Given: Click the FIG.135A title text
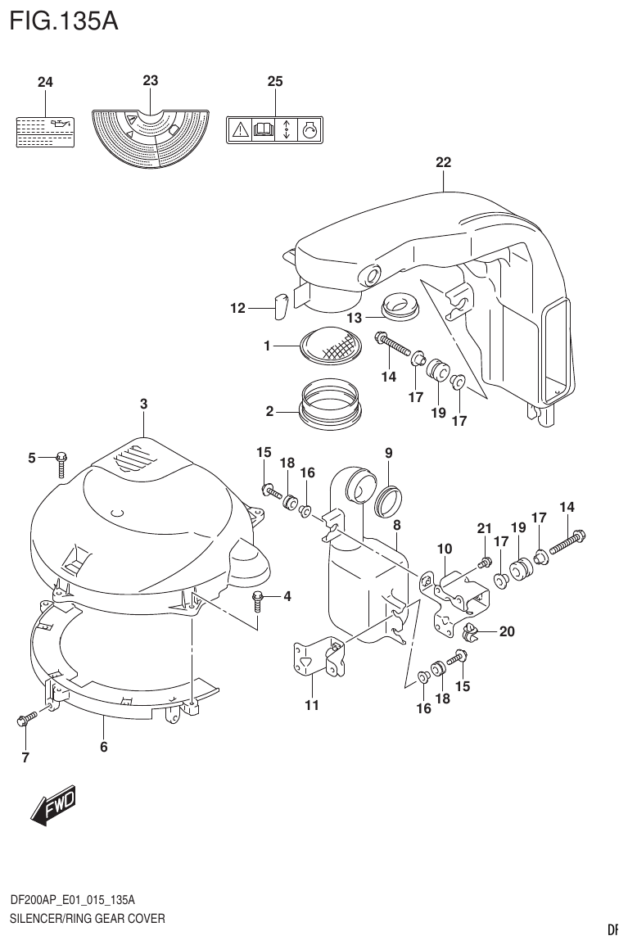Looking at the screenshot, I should click(x=64, y=19).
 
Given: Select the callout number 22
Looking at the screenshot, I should click(x=443, y=162).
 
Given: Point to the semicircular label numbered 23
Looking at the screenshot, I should click(x=150, y=136).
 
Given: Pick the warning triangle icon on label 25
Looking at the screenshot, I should click(x=240, y=129).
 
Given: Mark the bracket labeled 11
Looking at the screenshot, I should click(x=313, y=661).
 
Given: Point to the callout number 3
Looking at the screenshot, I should click(x=143, y=403).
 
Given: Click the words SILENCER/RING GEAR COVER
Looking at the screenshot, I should click(x=87, y=918).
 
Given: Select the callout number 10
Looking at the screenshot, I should click(x=445, y=548).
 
